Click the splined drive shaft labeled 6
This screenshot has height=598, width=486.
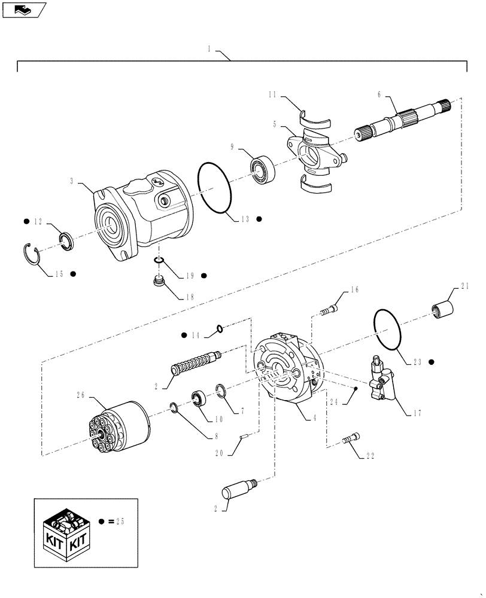tap(407, 122)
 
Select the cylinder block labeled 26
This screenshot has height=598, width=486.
tap(119, 427)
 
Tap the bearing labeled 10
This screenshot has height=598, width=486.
tap(199, 398)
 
